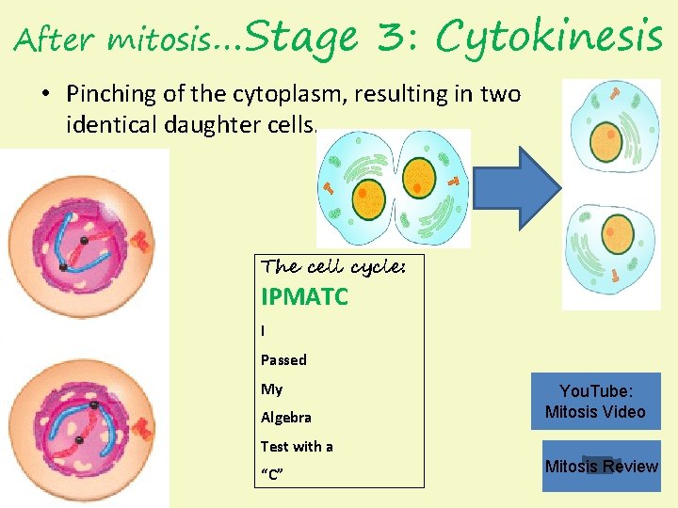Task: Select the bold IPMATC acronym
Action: click(304, 298)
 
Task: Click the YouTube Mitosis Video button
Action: click(595, 402)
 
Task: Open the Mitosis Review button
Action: click(601, 467)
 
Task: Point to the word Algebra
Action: click(286, 417)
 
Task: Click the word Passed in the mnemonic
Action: click(283, 359)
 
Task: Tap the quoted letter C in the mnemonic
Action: click(272, 474)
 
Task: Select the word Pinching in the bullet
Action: click(105, 94)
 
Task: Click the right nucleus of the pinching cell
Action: click(421, 178)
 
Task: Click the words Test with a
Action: click(297, 446)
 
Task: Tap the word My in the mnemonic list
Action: click(271, 389)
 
